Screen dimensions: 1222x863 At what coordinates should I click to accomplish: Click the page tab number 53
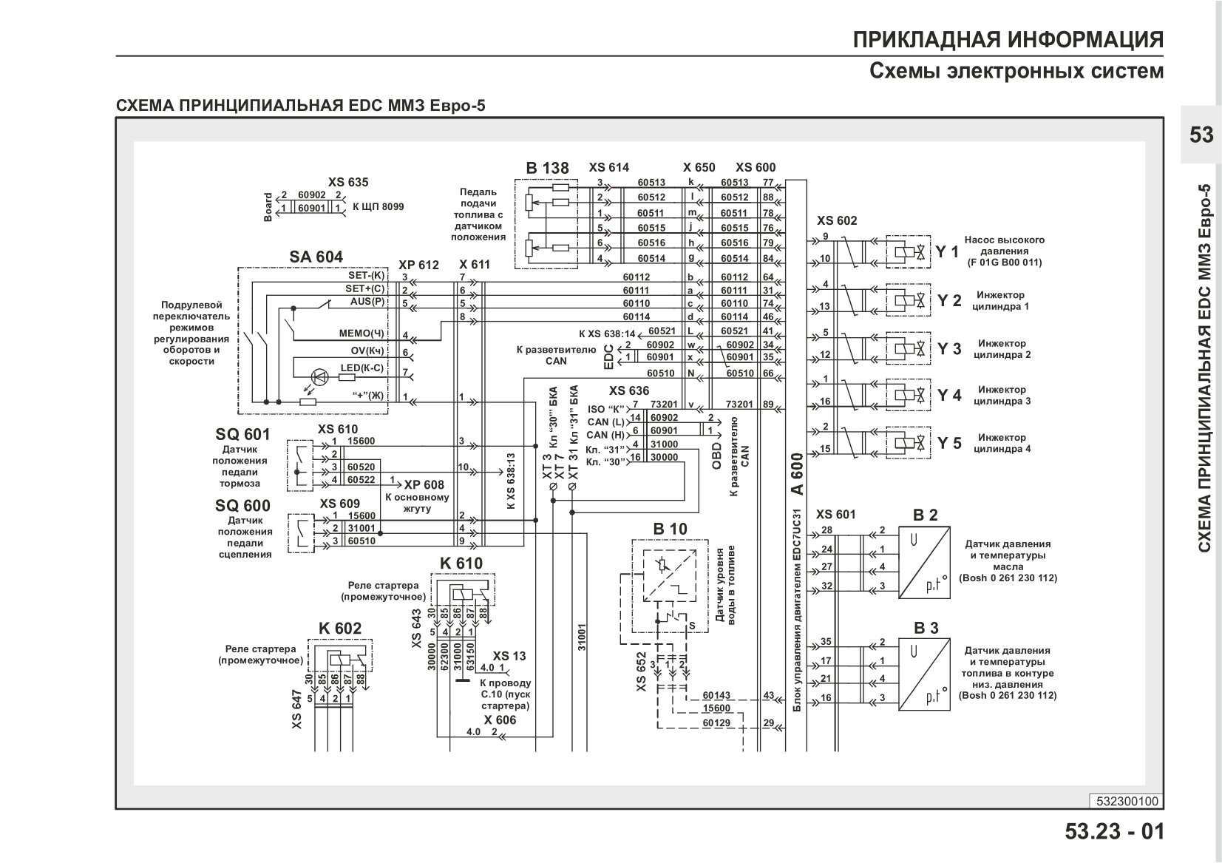pos(1201,135)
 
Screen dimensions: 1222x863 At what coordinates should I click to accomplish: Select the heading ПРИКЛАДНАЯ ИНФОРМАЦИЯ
pos(1008,40)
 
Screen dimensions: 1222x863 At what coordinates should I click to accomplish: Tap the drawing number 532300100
pos(1127,802)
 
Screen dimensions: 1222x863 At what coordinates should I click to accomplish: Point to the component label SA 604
pos(316,257)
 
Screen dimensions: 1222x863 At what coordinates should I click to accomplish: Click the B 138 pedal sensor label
pos(547,168)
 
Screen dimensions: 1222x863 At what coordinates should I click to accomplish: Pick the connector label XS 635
pos(348,183)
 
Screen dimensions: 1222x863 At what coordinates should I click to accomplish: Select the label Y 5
pos(949,443)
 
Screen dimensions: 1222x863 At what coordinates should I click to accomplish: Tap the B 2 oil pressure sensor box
pos(924,562)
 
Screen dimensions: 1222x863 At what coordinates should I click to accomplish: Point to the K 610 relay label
pos(461,564)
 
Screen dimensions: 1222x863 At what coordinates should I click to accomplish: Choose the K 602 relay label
pos(340,629)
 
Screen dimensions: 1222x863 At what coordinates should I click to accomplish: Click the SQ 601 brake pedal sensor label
pos(242,435)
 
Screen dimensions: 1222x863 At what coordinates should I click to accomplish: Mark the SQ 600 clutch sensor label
pos(242,506)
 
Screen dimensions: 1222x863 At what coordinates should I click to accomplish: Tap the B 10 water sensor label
pos(670,529)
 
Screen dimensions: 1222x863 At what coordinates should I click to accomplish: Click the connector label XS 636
pos(629,391)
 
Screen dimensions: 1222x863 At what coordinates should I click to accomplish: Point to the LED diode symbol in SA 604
pos(319,376)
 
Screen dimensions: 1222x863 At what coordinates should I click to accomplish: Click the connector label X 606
pos(500,720)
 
